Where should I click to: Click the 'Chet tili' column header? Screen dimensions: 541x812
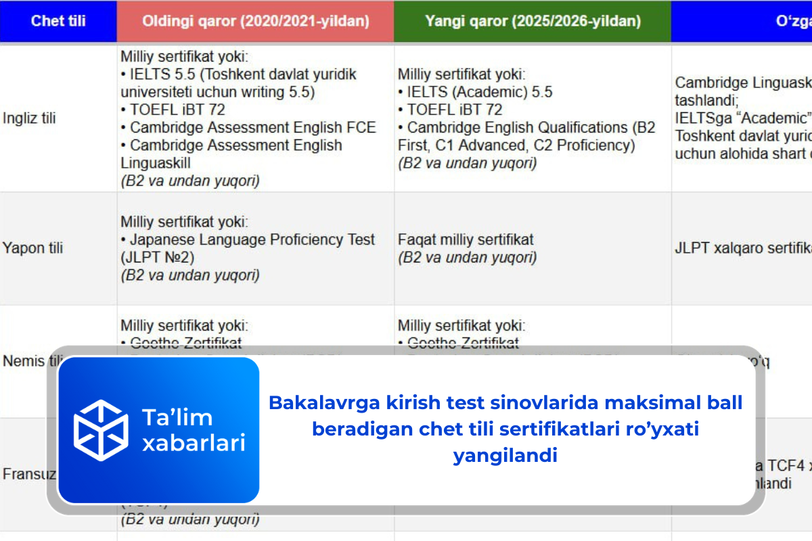click(58, 21)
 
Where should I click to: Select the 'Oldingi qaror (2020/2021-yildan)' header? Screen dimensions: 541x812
click(255, 21)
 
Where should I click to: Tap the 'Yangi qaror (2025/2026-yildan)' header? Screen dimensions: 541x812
click(533, 21)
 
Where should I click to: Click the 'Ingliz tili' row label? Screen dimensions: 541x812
click(29, 118)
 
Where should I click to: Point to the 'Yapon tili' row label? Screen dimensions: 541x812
click(32, 248)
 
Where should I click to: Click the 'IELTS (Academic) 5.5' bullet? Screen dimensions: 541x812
click(479, 92)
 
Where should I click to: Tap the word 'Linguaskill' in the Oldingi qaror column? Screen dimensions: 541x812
click(156, 163)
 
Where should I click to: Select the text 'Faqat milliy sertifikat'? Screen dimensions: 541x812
click(466, 239)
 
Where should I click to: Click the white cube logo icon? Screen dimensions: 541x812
click(101, 430)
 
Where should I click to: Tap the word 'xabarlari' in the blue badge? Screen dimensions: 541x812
click(194, 443)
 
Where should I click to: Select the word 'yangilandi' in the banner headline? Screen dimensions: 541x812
click(505, 455)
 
